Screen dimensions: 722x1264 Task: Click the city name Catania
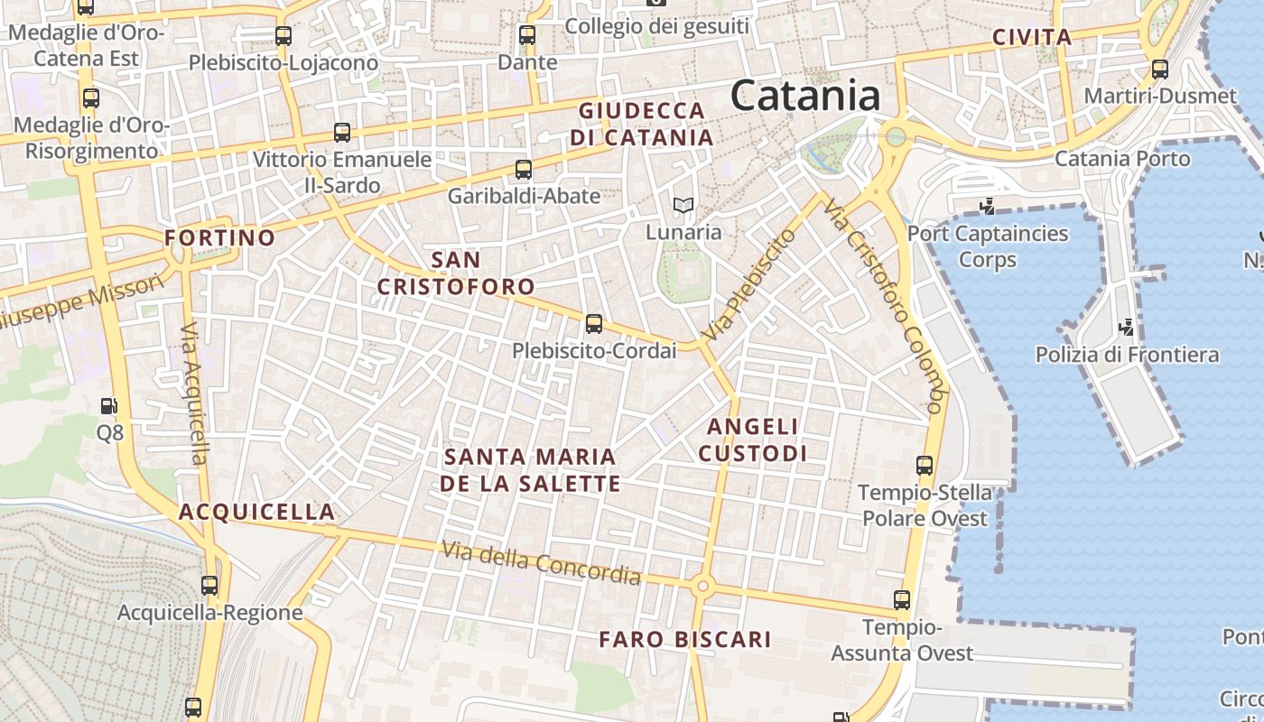[x=805, y=96]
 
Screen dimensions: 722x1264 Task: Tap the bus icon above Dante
[x=527, y=36]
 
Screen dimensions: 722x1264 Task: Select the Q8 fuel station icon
[x=109, y=407]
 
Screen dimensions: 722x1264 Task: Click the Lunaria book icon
[x=683, y=206]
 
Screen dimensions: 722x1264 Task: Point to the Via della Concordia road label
[x=541, y=563]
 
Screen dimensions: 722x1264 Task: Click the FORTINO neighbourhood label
[x=219, y=238]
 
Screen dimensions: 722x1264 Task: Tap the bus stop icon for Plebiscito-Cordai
[x=593, y=323]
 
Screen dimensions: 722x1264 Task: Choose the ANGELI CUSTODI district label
[x=752, y=440]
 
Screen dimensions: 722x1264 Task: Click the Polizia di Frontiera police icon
[x=1126, y=327]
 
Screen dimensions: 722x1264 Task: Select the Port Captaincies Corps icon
[x=987, y=206]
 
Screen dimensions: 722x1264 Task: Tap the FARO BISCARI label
[x=685, y=640]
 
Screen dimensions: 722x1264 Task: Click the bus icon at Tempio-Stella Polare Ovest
[x=925, y=466]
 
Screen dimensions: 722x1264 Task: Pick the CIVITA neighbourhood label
[x=1031, y=38]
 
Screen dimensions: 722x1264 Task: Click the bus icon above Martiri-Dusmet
[x=1160, y=69]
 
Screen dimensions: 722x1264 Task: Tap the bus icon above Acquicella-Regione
[x=209, y=585]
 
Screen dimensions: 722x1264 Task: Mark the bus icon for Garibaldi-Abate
[x=524, y=169]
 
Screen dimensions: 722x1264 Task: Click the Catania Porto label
[x=1122, y=159]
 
